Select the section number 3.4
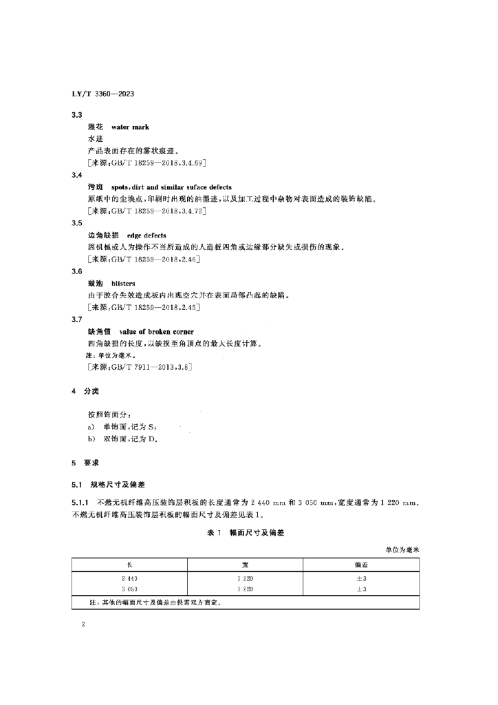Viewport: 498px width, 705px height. pyautogui.click(x=77, y=176)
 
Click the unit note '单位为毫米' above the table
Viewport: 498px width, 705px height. pyautogui.click(x=407, y=549)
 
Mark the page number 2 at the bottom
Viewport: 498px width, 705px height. pyautogui.click(x=83, y=625)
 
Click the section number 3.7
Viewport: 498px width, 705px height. pyautogui.click(x=77, y=319)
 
